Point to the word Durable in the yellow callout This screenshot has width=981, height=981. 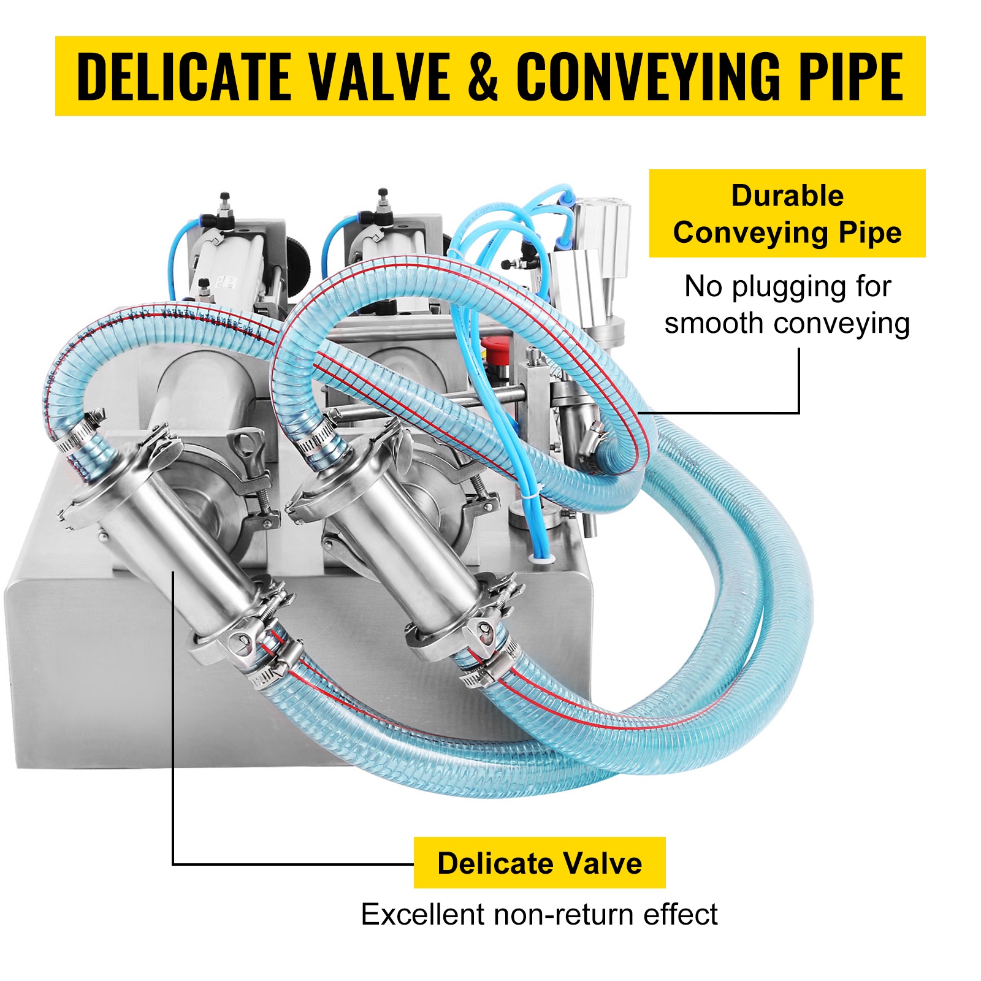pyautogui.click(x=787, y=196)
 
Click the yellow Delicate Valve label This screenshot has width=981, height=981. pyautogui.click(x=540, y=863)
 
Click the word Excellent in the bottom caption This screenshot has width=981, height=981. pyautogui.click(x=424, y=914)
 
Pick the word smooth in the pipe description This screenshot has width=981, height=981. pyautogui.click(x=711, y=323)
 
